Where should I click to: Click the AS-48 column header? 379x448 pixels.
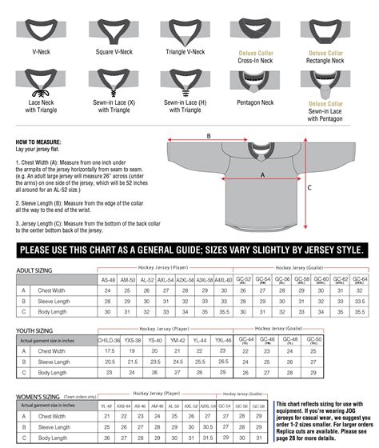point(108,281)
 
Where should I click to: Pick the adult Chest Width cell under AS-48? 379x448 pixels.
point(108,291)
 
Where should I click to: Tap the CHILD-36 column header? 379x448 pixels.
point(110,341)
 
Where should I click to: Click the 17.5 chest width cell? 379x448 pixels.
point(110,351)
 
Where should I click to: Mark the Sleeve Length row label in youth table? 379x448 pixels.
point(55,362)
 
